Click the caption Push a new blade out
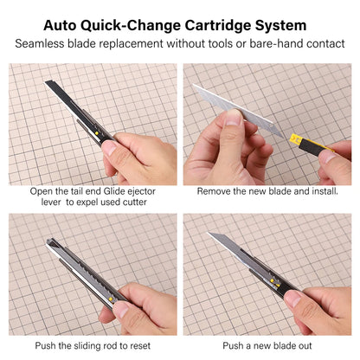(x=269, y=345)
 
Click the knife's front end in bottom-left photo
(x=51, y=244)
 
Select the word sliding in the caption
(x=92, y=345)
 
